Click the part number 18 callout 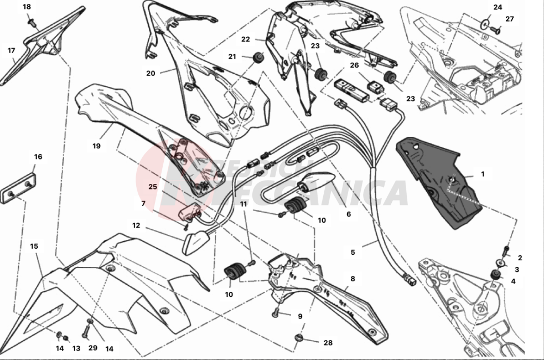[27, 7]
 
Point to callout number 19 [96, 146]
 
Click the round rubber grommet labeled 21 [258, 57]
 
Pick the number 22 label [245, 39]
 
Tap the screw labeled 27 [496, 30]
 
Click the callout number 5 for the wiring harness [353, 253]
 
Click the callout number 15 [34, 246]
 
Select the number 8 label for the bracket [353, 279]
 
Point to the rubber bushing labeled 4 [495, 275]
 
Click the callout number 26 [354, 65]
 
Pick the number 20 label [151, 73]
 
